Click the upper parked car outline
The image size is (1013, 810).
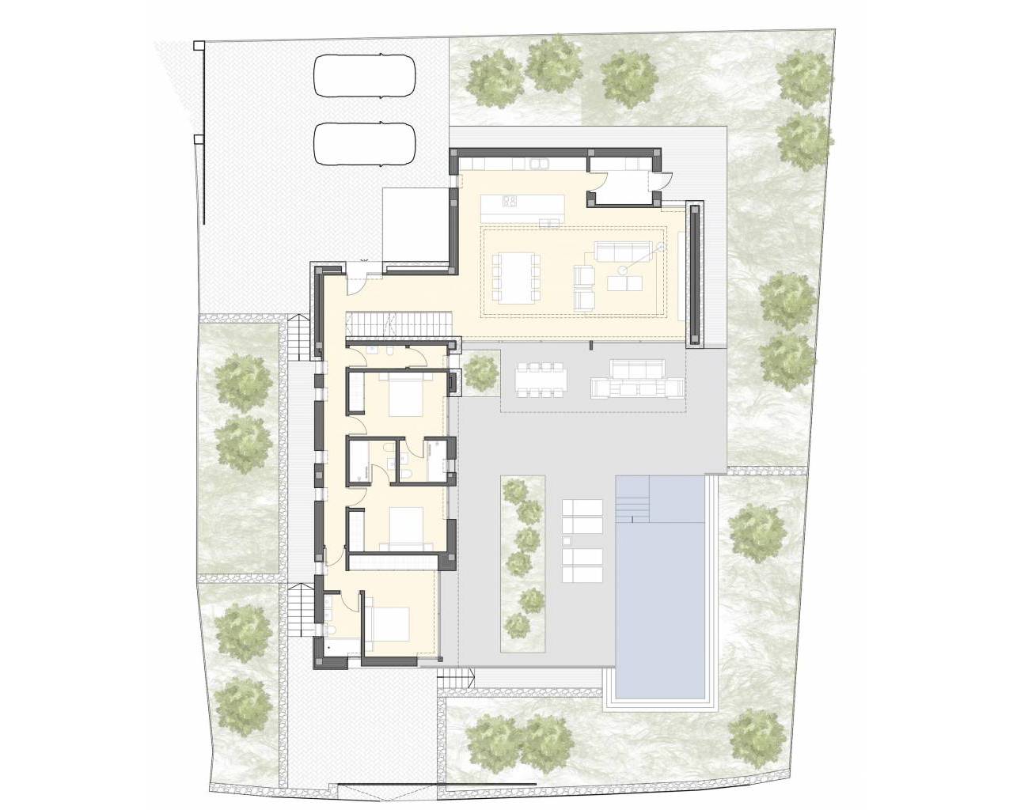click(x=366, y=76)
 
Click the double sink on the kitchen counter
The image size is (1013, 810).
click(x=540, y=164)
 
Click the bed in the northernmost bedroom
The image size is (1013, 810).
click(x=403, y=393)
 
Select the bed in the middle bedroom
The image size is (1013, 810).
click(x=404, y=526)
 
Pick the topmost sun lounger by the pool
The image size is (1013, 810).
click(x=582, y=507)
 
